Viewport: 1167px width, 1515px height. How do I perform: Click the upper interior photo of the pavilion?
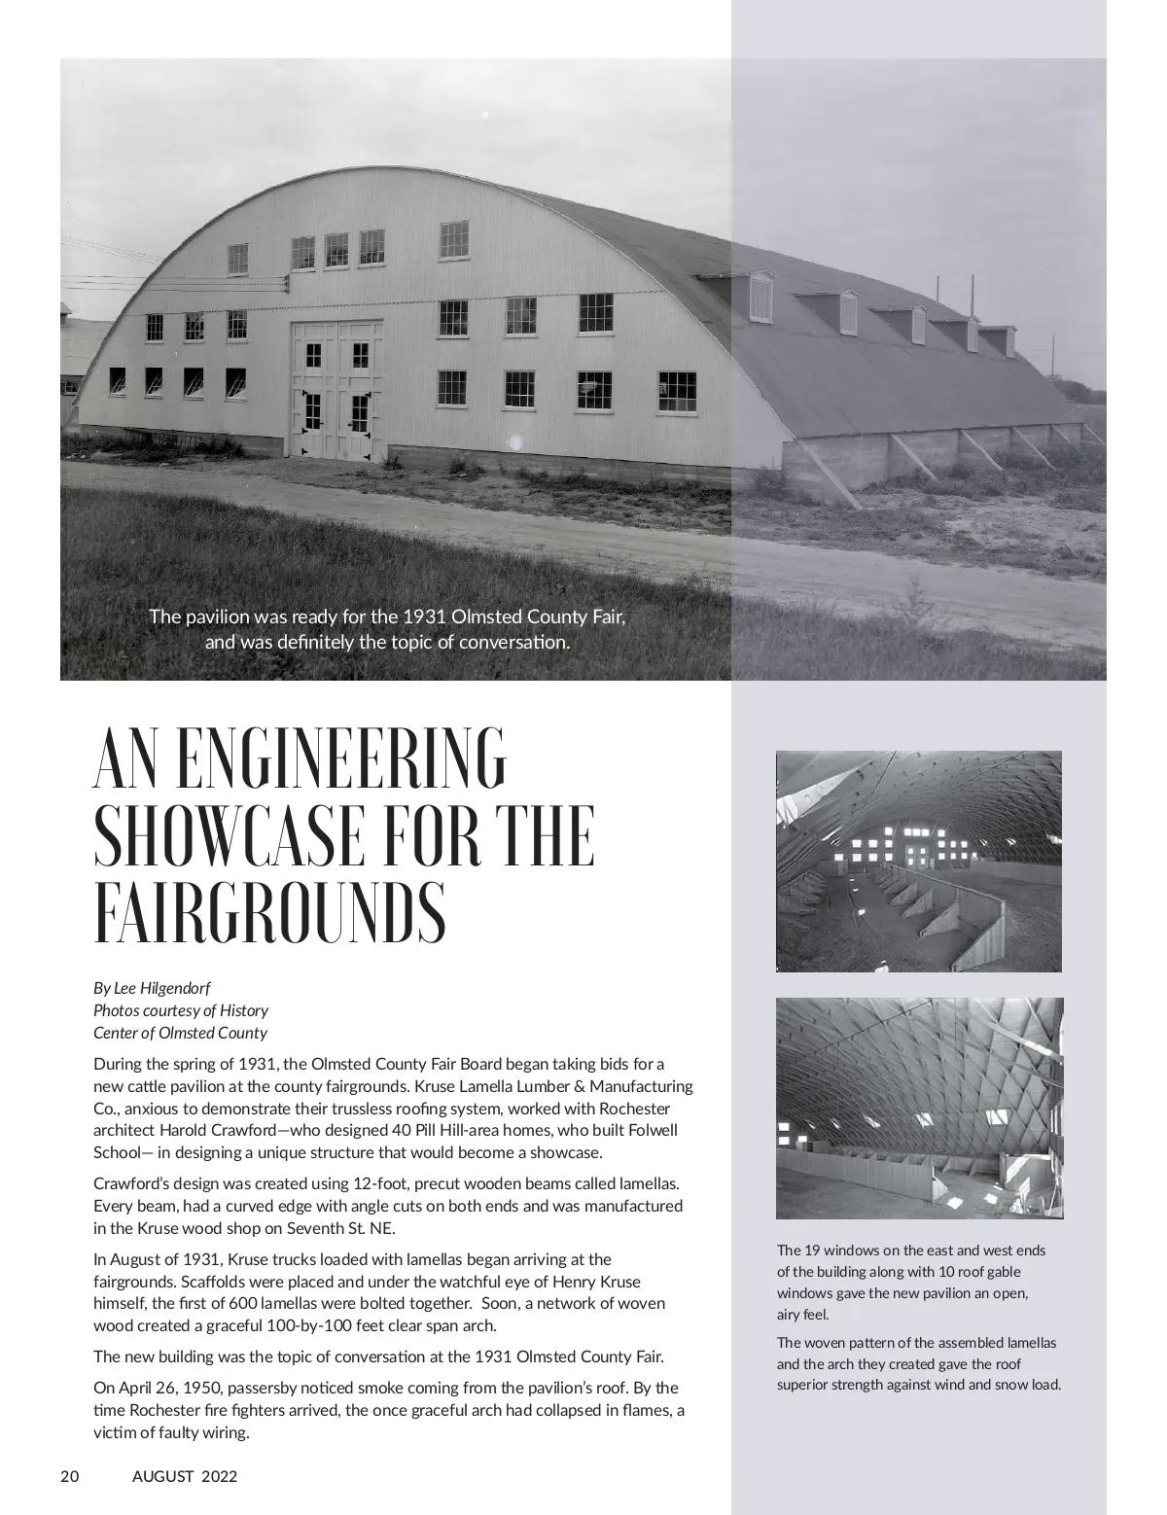coord(918,861)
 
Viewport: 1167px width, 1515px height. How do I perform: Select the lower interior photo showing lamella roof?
coord(919,1108)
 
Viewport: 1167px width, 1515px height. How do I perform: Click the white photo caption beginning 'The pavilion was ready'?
coord(387,629)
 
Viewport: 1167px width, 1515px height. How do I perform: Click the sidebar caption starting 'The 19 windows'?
coord(910,1282)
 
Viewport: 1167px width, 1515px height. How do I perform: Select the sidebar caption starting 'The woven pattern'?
coord(918,1363)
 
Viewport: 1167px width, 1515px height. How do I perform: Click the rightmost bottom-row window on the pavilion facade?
coord(677,391)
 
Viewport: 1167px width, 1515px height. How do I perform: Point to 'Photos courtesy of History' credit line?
coord(181,1010)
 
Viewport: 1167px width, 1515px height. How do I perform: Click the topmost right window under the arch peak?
coord(453,239)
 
